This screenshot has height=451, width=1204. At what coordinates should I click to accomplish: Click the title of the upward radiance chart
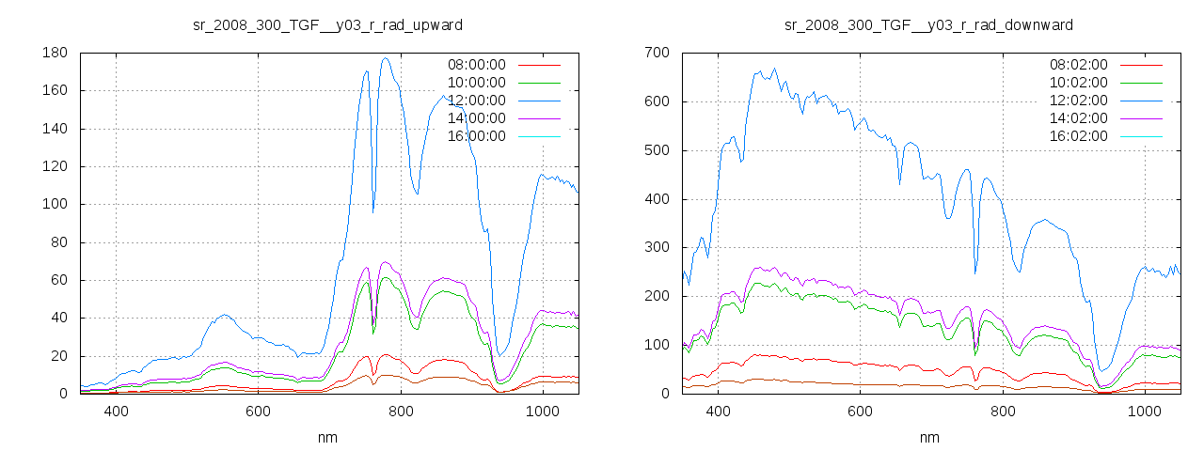[x=327, y=24]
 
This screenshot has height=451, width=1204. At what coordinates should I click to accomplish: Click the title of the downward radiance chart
[x=928, y=24]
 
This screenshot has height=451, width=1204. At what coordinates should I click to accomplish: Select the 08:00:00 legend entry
[x=474, y=65]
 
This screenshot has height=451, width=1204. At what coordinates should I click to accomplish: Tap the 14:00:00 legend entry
[x=474, y=118]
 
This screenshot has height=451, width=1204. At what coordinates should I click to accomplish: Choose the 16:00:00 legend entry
[x=474, y=136]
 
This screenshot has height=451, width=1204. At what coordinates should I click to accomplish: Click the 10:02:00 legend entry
[x=1076, y=83]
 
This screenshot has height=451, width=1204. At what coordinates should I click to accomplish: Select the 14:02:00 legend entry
[x=1076, y=118]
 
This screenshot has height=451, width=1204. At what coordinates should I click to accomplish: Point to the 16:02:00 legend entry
[x=1076, y=136]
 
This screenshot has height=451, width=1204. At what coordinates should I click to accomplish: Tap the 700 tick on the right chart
[x=657, y=54]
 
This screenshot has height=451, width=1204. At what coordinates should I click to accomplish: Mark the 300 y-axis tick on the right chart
[x=657, y=248]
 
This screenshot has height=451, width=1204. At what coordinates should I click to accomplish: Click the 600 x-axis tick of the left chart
[x=259, y=412]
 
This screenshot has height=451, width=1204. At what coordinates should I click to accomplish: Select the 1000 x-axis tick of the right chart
[x=1144, y=412]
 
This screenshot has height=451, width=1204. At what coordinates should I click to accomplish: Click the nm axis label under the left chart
[x=327, y=438]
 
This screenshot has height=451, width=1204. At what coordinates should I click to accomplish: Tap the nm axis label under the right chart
[x=928, y=438]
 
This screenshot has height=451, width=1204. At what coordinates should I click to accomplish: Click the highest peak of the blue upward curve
[x=386, y=58]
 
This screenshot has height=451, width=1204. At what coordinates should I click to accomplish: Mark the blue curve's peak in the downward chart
[x=774, y=69]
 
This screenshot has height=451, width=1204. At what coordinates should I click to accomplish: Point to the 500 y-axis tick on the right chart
[x=657, y=150]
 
